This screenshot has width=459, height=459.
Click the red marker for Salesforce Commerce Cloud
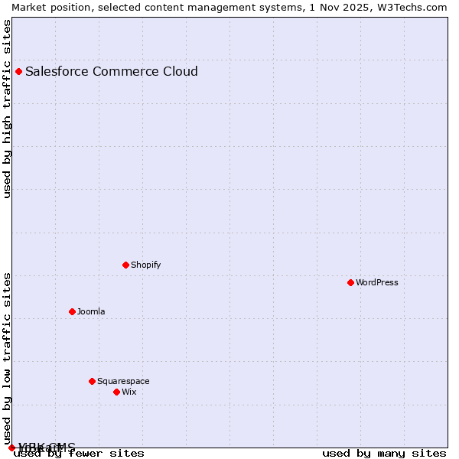click(x=18, y=72)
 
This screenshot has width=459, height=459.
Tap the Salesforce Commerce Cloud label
click(x=112, y=72)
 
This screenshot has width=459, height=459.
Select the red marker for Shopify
click(x=125, y=265)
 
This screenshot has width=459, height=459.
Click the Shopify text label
click(x=146, y=265)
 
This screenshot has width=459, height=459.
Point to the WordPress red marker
click(x=350, y=283)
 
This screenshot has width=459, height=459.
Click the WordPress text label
click(x=377, y=283)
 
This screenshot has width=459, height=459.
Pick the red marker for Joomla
click(x=72, y=312)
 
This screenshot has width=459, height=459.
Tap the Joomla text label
click(x=91, y=312)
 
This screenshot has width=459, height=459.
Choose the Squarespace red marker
click(x=92, y=382)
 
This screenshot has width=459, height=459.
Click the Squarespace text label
click(x=123, y=382)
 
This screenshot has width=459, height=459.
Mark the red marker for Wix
click(x=116, y=392)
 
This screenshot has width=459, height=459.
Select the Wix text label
click(x=129, y=392)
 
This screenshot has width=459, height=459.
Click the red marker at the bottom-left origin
click(x=11, y=448)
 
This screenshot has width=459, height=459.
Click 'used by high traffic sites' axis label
click(x=8, y=109)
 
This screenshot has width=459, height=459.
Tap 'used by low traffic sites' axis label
click(x=8, y=358)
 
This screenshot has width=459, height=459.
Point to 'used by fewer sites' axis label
click(x=79, y=454)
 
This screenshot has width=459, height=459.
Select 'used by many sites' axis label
click(x=384, y=454)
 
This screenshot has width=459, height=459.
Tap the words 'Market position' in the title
click(x=47, y=7)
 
